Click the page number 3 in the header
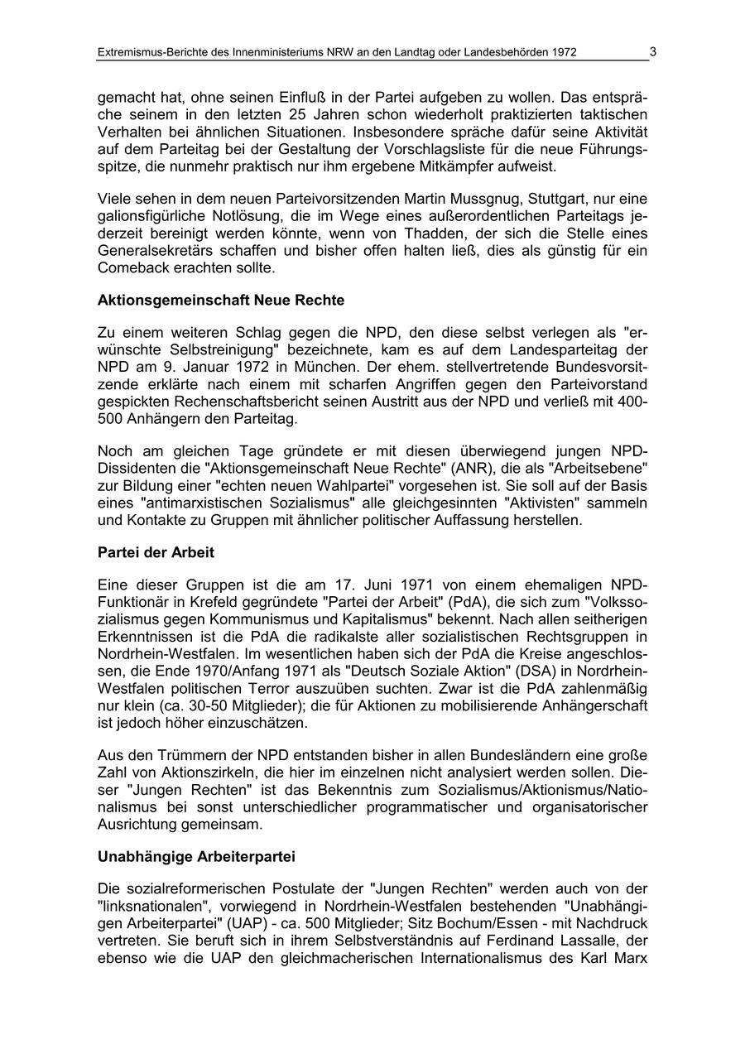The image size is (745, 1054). [x=652, y=52]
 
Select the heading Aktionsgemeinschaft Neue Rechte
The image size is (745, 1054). [x=221, y=300]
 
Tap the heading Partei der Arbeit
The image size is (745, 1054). [x=156, y=552]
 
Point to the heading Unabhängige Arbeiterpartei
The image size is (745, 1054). [x=196, y=855]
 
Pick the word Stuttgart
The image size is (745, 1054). [x=537, y=199]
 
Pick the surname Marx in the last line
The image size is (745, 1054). [x=629, y=957]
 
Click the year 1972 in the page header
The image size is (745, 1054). [x=561, y=53]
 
